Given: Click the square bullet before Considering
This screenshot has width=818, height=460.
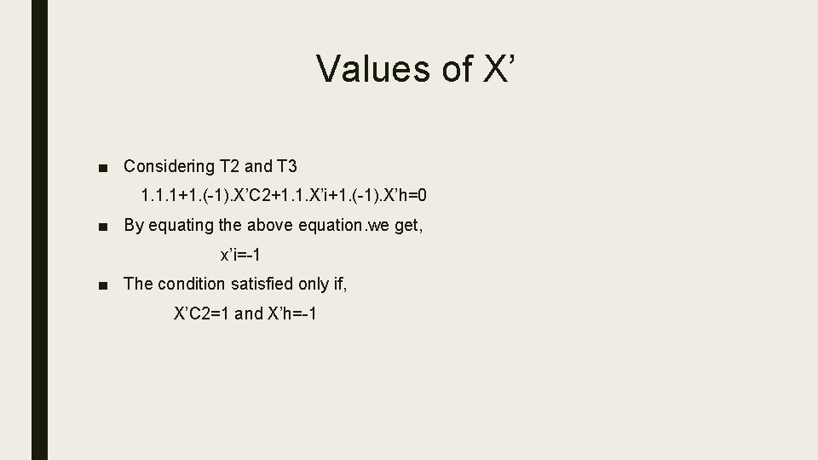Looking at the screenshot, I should coord(102,166).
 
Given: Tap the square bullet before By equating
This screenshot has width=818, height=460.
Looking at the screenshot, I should coord(102,226).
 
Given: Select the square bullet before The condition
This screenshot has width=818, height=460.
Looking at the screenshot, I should coord(102,285).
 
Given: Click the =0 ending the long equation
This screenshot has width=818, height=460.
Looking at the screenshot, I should coord(418,196).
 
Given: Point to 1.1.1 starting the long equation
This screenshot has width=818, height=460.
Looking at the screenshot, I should coord(158,196).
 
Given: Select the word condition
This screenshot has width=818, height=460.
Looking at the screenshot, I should coord(195,284).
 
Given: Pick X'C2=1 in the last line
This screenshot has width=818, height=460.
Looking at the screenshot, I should coord(202,313).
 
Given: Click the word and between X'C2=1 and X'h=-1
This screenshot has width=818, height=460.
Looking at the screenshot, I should coord(249,313).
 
